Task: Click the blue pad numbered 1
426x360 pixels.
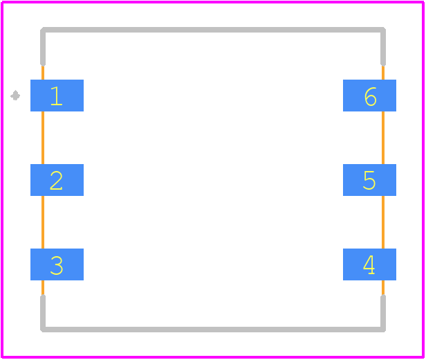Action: [x=57, y=96]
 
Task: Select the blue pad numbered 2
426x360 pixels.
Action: [x=57, y=180]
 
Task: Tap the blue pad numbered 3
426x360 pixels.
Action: [x=57, y=264]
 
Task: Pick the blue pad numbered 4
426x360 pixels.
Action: [x=369, y=264]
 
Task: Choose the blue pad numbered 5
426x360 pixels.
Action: [x=369, y=180]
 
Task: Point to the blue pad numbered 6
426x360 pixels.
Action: [x=369, y=96]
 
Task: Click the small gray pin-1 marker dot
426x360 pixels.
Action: [x=15, y=96]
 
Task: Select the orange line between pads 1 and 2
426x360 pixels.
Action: [x=43, y=138]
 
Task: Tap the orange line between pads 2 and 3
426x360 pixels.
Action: [x=43, y=222]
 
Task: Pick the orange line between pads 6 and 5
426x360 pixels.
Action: [x=383, y=138]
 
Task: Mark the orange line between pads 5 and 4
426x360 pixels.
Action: [x=383, y=222]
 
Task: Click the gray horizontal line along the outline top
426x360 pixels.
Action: [x=213, y=30]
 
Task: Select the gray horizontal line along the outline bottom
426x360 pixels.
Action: [x=213, y=330]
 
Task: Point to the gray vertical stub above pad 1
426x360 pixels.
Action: [x=43, y=47]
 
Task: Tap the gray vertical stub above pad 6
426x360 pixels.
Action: [x=383, y=47]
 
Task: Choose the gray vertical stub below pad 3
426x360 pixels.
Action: [x=43, y=313]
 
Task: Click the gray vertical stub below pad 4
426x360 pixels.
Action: [x=383, y=313]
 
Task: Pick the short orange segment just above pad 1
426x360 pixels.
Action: [x=43, y=73]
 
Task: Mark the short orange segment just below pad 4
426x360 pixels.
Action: [x=383, y=288]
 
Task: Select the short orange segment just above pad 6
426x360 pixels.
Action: [x=383, y=73]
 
